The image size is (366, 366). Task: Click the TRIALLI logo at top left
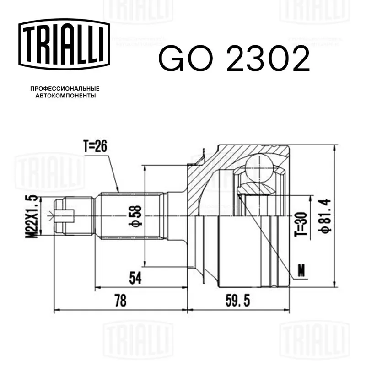tap(64, 44)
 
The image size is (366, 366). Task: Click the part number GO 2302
tap(234, 59)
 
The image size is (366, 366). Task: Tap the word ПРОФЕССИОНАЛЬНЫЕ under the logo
tap(65, 89)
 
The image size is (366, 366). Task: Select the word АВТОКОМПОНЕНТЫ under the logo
tap(65, 96)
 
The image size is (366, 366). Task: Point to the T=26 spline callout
tap(95, 146)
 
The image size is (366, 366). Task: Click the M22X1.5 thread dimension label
tap(32, 216)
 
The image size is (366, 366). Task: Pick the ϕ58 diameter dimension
tap(135, 216)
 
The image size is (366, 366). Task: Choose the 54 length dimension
tap(135, 278)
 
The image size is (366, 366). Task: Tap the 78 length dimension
tap(121, 301)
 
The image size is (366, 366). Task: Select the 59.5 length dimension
tap(237, 301)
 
